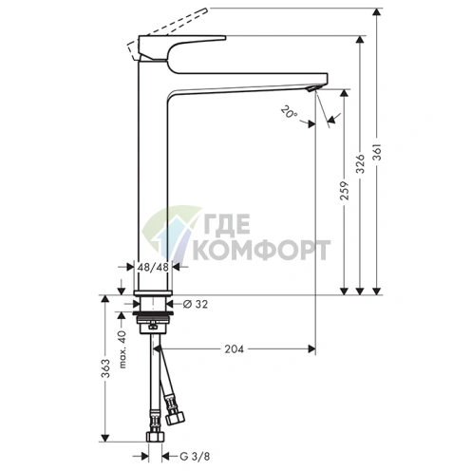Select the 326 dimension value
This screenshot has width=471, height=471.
click(361, 163)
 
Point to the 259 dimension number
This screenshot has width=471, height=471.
click(345, 190)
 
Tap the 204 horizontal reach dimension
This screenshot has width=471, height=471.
click(235, 349)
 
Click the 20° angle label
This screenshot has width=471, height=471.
click(290, 112)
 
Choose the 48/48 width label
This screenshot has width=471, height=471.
click(153, 267)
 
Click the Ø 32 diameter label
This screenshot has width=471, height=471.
click(196, 304)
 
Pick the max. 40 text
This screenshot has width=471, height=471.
click(123, 349)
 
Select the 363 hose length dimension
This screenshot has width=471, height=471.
click(105, 368)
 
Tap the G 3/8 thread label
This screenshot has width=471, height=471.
click(195, 457)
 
